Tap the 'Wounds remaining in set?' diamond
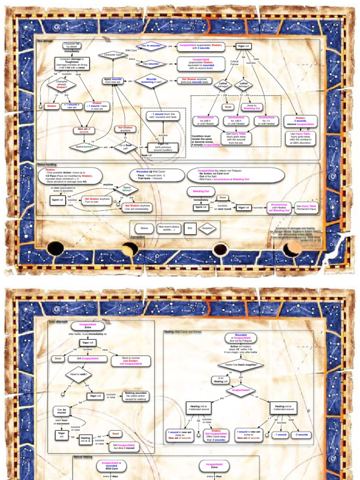[x=151, y=80]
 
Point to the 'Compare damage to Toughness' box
[x=72, y=63]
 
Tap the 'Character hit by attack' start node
[x=72, y=46]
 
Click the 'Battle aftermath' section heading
[x=58, y=322]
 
